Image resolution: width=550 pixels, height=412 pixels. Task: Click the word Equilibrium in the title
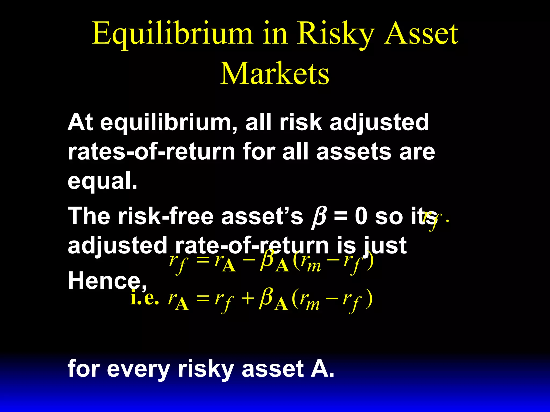pyautogui.click(x=172, y=34)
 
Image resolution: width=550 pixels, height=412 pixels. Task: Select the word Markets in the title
pyautogui.click(x=274, y=74)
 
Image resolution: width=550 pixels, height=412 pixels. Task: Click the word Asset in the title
pyautogui.click(x=421, y=34)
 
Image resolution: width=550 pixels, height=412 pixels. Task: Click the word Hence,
pyautogui.click(x=107, y=281)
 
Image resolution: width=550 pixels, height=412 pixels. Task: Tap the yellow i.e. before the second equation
pyautogui.click(x=144, y=298)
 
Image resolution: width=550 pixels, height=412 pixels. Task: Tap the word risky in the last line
pyautogui.click(x=206, y=370)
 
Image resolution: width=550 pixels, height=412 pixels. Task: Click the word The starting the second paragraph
pyautogui.click(x=89, y=216)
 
